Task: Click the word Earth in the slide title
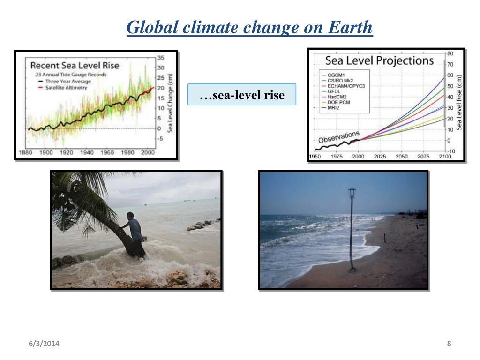[x=350, y=27]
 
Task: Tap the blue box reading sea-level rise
[x=242, y=95]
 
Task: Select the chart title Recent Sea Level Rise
[x=75, y=65]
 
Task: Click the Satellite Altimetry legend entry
[x=62, y=88]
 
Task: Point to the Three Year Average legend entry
[x=64, y=82]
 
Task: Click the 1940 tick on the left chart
[x=87, y=152]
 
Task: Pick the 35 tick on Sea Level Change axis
[x=161, y=58]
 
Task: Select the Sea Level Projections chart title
[x=379, y=60]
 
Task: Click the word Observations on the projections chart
[x=339, y=137]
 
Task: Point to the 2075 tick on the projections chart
[x=423, y=157]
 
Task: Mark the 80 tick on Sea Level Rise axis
[x=450, y=53]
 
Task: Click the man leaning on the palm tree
[x=134, y=234]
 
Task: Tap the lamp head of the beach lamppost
[x=352, y=193]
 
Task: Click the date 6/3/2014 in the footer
[x=44, y=344]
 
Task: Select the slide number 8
[x=449, y=344]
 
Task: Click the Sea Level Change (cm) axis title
[x=170, y=103]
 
